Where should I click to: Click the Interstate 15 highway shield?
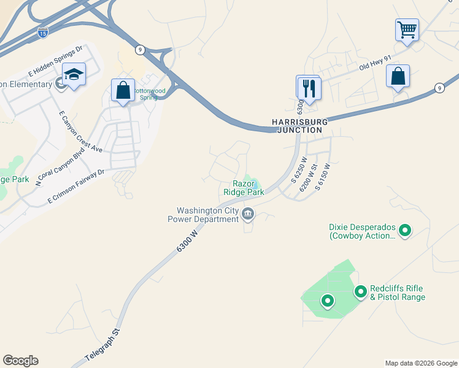tap(42, 30)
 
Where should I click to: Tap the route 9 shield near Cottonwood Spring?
tap(141, 49)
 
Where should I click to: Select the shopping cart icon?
tap(407, 29)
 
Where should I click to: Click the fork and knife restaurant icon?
tap(309, 88)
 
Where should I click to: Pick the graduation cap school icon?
tap(74, 75)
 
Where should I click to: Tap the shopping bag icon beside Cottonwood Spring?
tap(123, 90)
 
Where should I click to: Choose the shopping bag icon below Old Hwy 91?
tap(398, 77)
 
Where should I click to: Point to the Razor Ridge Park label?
tap(248, 188)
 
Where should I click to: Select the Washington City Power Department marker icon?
tap(248, 214)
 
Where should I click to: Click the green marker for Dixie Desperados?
tap(404, 231)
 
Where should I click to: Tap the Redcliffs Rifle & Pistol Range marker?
tap(360, 291)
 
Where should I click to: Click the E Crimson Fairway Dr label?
tap(76, 187)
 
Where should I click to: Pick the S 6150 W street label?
tap(323, 176)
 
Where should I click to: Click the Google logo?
tap(20, 361)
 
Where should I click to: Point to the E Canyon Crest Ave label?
tap(80, 131)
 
